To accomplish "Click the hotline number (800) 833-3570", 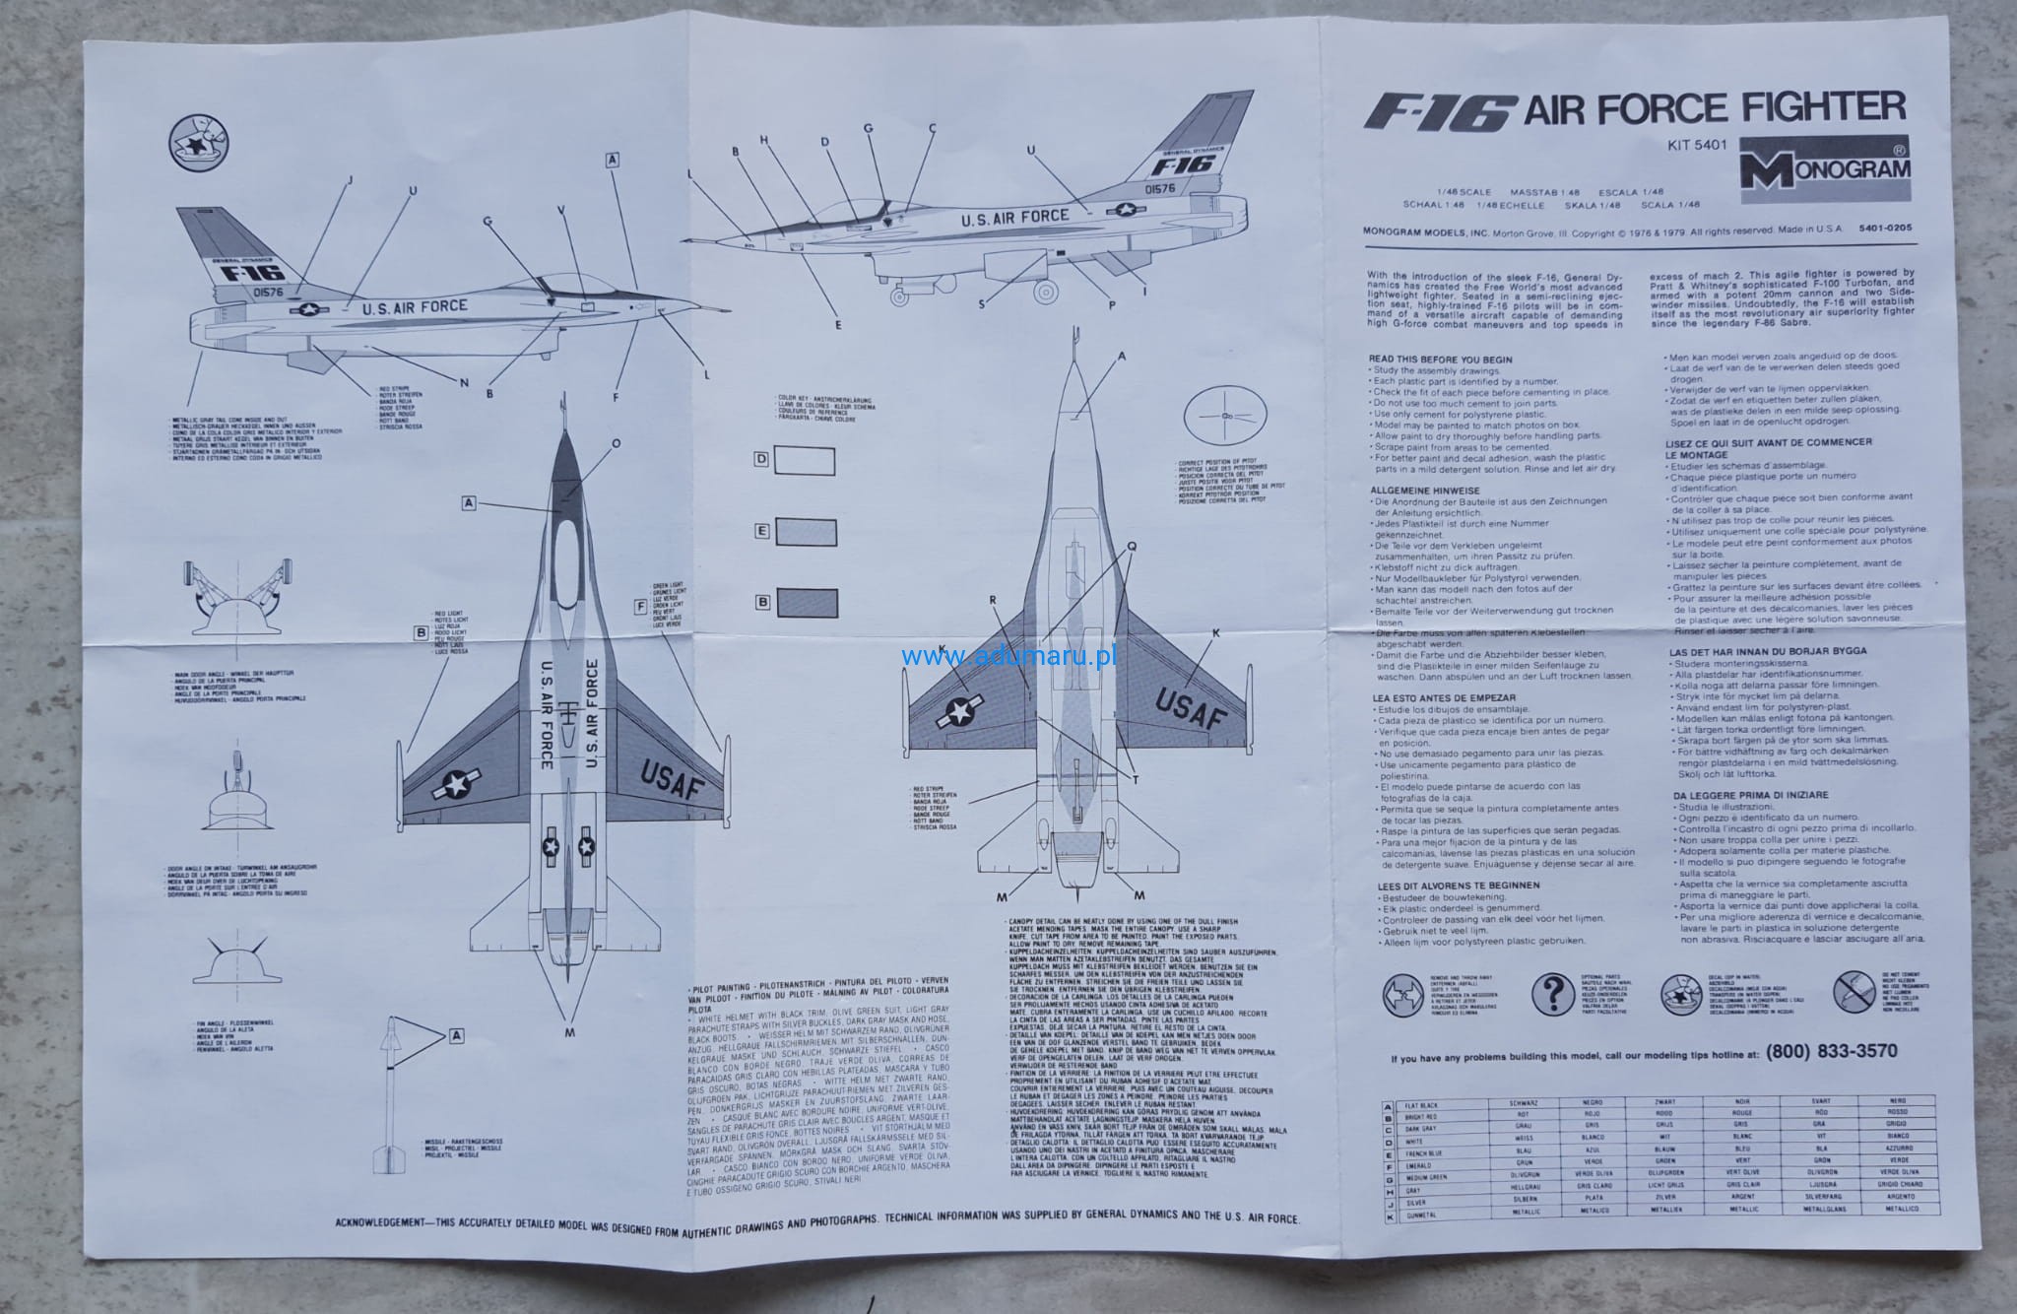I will (x=1831, y=1051).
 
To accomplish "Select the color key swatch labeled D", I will (x=805, y=461).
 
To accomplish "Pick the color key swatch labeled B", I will (x=807, y=602).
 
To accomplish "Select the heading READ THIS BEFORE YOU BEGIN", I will (x=1440, y=360).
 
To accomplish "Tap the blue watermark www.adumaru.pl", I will (x=1008, y=656).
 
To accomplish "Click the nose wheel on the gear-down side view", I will (x=900, y=293).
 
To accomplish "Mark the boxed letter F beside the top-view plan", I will (x=641, y=606).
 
